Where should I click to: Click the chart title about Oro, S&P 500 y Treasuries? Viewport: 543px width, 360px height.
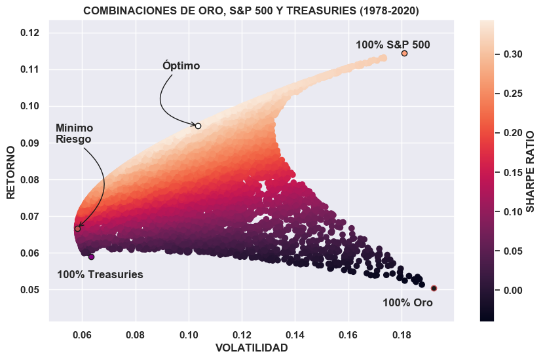pos(251,10)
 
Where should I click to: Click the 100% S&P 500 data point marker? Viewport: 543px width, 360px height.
pos(404,53)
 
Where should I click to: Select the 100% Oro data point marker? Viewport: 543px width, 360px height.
pos(434,288)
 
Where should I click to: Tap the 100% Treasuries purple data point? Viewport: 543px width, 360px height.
pos(91,257)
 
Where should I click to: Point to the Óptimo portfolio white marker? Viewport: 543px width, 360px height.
pos(198,126)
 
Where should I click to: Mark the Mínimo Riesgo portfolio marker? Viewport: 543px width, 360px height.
pos(77,228)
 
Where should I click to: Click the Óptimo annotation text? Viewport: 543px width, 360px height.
pos(181,66)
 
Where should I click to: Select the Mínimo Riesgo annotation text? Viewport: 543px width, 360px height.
pos(74,134)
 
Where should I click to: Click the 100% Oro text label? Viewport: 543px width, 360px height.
pos(407,303)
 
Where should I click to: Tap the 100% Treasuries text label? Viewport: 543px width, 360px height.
pos(100,275)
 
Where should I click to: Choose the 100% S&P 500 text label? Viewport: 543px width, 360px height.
pos(393,45)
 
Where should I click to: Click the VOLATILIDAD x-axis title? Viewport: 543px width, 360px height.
pos(252,348)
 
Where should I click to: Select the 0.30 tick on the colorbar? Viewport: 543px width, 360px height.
pos(513,54)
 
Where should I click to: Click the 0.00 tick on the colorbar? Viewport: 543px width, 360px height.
pos(513,290)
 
